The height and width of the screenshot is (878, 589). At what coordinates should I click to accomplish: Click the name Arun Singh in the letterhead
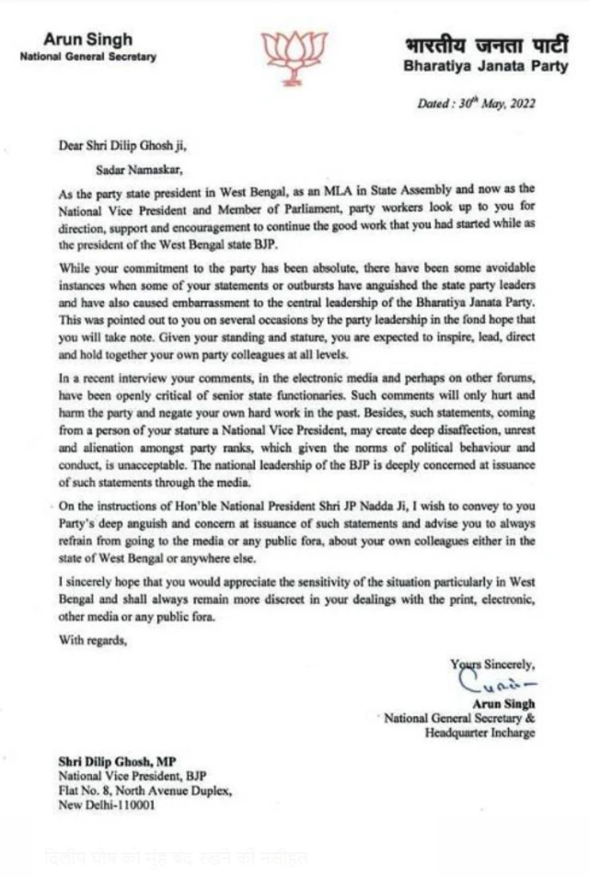[x=87, y=40]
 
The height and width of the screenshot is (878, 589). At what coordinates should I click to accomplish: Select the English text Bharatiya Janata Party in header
[x=469, y=67]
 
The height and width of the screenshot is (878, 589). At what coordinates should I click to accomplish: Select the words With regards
[x=94, y=640]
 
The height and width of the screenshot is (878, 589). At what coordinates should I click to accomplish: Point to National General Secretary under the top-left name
[x=87, y=57]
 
